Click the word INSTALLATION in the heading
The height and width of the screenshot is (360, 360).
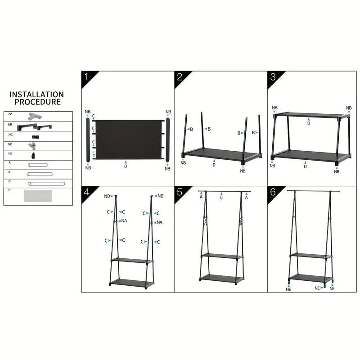coord(37,94)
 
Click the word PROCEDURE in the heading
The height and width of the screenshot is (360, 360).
coord(37,102)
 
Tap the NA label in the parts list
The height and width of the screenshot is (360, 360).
coord(10,115)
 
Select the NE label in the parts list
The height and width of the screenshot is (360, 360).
coord(10,153)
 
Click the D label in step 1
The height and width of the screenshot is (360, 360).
coord(126,166)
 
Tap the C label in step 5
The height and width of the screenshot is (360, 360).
coord(222,197)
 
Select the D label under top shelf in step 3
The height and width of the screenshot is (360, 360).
coord(309,123)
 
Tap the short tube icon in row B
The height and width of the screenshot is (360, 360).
coord(40,174)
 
